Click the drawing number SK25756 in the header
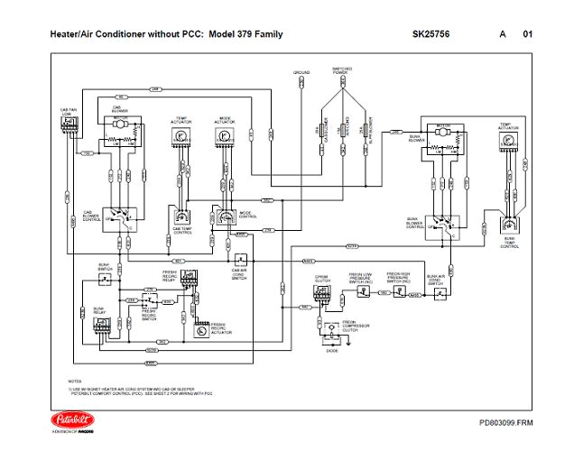(x=430, y=34)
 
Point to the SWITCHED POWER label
(x=343, y=71)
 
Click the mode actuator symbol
(x=222, y=135)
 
